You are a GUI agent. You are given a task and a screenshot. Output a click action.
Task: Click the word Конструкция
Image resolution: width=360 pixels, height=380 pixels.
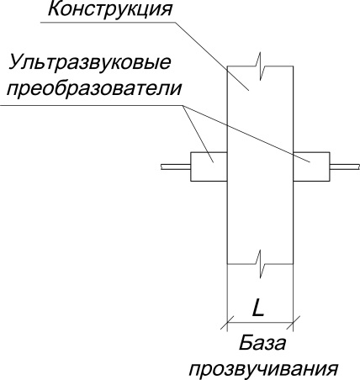(x=110, y=10)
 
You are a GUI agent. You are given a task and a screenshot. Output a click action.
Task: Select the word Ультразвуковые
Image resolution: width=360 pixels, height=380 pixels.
(x=90, y=63)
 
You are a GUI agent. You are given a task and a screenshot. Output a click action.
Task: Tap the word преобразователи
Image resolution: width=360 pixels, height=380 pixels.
(x=94, y=89)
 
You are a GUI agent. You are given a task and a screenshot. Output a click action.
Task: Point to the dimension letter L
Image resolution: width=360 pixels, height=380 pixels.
(x=258, y=308)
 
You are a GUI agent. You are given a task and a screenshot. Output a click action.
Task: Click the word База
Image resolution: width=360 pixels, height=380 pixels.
(x=262, y=343)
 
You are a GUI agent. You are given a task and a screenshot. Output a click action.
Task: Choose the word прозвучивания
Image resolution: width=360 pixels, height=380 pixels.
(x=263, y=368)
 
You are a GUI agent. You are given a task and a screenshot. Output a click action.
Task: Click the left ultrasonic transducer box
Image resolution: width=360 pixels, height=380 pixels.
(x=209, y=166)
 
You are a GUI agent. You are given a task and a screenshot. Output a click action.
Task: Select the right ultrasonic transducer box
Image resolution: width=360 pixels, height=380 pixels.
(x=311, y=166)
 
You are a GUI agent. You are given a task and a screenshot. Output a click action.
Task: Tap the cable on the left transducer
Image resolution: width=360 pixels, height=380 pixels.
(x=176, y=166)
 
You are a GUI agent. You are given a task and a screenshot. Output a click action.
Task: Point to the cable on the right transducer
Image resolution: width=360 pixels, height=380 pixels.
(x=345, y=166)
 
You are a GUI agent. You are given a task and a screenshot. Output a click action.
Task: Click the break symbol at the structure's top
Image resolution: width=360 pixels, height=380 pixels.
(x=261, y=66)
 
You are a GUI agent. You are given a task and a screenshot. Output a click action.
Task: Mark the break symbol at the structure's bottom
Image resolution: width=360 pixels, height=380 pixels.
(x=261, y=264)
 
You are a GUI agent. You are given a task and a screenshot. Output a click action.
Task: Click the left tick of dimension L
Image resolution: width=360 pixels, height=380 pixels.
(x=227, y=323)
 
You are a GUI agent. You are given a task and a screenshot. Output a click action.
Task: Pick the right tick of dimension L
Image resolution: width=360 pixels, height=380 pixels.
(x=294, y=323)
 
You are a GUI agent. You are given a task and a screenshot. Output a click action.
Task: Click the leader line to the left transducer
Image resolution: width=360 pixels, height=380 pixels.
(x=199, y=134)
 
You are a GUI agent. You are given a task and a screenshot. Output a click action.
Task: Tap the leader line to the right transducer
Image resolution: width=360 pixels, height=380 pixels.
(x=246, y=134)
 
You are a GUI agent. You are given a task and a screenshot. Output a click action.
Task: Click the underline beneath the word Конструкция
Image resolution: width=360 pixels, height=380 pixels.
(x=108, y=22)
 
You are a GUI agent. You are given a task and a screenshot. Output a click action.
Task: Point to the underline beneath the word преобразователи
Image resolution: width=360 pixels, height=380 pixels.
(x=92, y=106)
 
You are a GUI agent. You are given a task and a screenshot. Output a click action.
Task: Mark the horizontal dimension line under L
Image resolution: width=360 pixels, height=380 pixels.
(x=260, y=323)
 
